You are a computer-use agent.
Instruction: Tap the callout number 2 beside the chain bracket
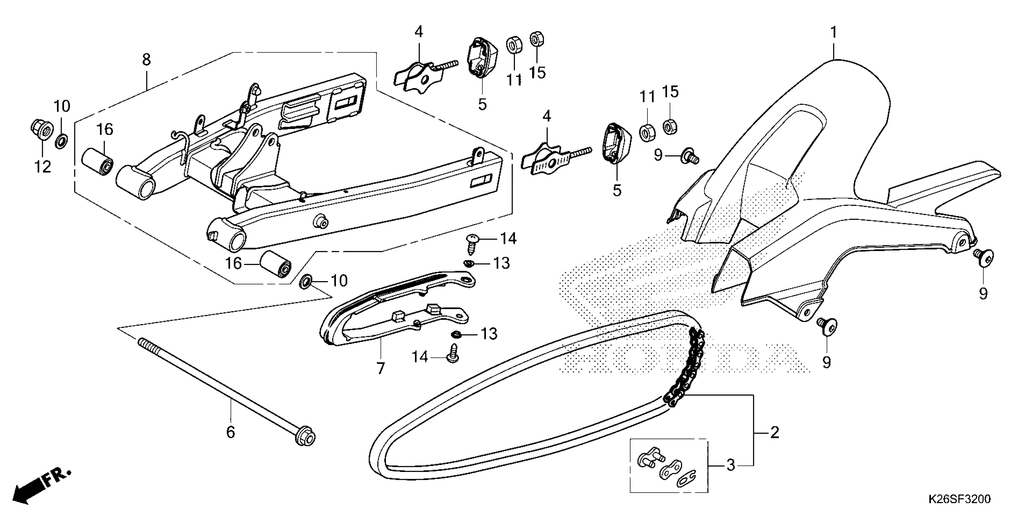pos(774,433)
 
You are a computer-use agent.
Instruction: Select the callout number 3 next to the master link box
pos(731,466)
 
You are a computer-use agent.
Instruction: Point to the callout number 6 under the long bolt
pos(231,432)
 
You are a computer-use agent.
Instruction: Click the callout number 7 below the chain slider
pos(380,368)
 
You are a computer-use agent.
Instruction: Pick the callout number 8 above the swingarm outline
pos(146,60)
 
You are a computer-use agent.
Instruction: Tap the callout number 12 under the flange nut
pos(42,167)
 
